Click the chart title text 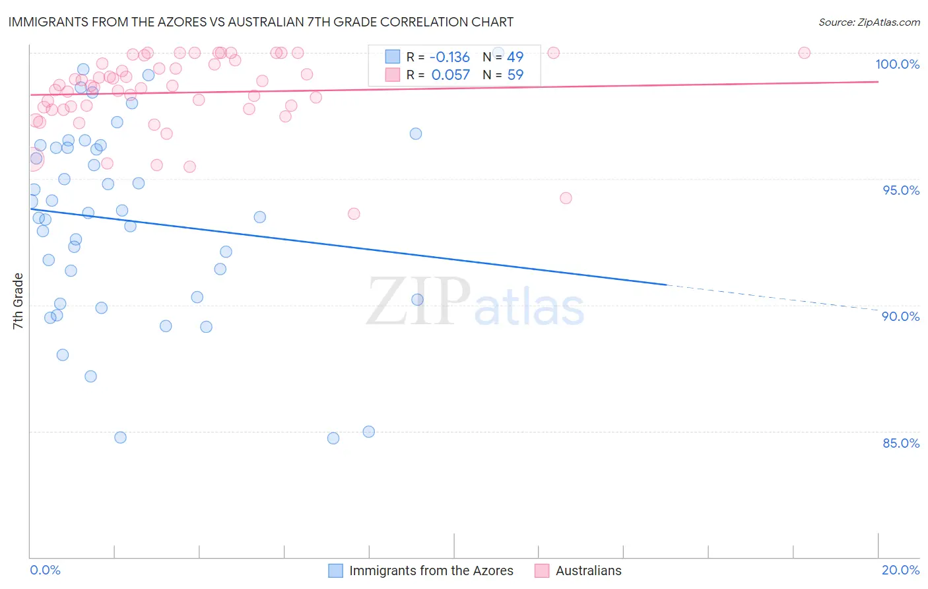click(260, 22)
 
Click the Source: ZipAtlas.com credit click(869, 22)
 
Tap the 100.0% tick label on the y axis click(897, 64)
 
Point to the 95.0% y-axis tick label click(901, 190)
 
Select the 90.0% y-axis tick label click(900, 316)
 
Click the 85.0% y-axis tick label click(901, 443)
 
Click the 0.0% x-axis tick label click(45, 570)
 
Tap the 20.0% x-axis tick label click(900, 570)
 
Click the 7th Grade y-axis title click(18, 301)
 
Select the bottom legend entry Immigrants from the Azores click(430, 571)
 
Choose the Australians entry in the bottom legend click(588, 571)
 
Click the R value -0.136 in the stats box click(449, 57)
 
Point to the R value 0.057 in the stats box click(451, 75)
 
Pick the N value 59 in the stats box click(515, 75)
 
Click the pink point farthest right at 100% click(804, 53)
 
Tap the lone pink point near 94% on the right click(566, 198)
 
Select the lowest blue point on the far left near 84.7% click(120, 437)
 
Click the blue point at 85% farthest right click(369, 432)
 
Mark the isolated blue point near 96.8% click(416, 133)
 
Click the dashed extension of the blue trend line click(772, 297)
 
